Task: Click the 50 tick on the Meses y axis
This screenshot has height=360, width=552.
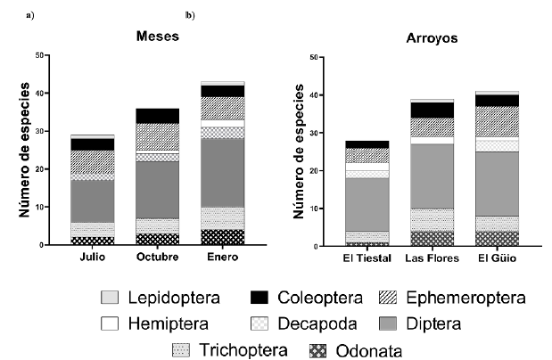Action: click(37, 55)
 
